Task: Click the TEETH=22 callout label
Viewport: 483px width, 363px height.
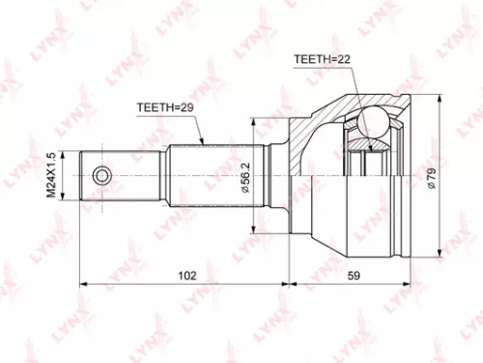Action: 323,60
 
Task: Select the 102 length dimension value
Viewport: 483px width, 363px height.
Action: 188,275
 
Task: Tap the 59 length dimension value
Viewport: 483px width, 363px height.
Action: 354,275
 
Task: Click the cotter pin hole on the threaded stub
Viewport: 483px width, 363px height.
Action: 101,175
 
